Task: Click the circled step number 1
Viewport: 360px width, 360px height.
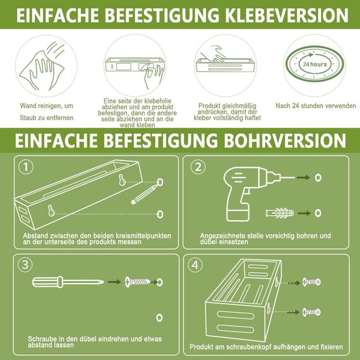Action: [x=25, y=167]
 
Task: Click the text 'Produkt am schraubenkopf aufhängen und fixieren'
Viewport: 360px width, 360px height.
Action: [x=266, y=347]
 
